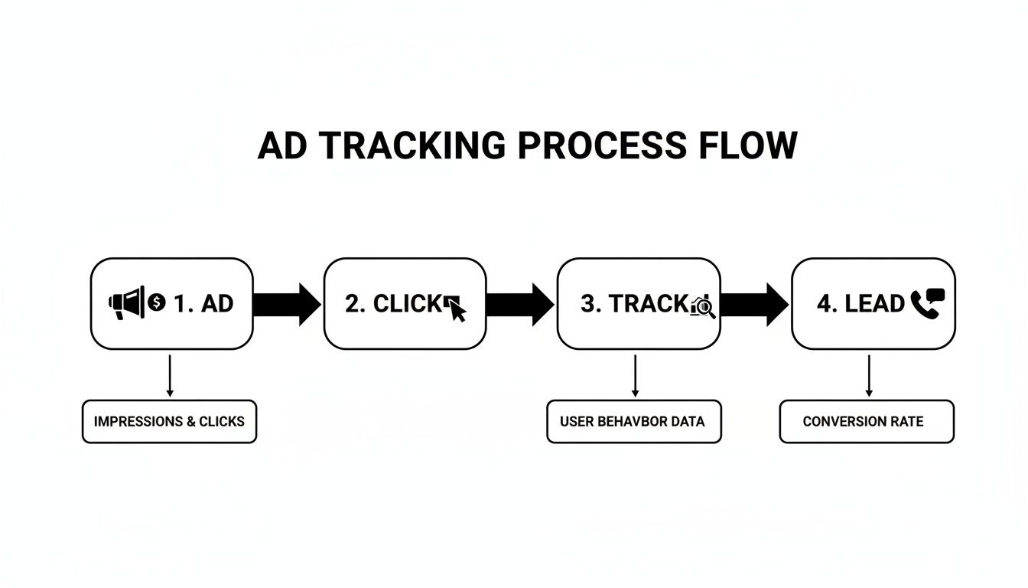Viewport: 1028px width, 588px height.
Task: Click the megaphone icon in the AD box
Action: click(126, 303)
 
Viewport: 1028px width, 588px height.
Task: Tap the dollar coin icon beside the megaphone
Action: click(157, 302)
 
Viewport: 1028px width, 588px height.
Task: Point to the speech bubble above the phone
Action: click(935, 295)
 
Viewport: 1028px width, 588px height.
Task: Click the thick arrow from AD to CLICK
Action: click(287, 304)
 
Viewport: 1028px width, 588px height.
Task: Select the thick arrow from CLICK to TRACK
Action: click(519, 304)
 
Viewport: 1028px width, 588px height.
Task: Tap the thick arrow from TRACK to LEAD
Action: click(754, 304)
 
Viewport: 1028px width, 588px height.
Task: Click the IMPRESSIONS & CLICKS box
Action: click(169, 421)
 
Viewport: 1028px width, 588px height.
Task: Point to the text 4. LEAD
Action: click(860, 304)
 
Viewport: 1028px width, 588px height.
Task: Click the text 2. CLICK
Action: click(393, 304)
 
